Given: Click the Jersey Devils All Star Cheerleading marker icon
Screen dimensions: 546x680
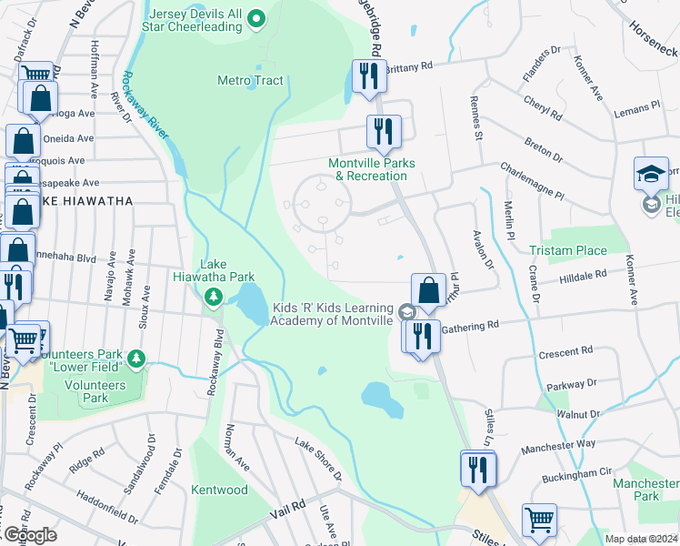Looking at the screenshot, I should pos(256,17).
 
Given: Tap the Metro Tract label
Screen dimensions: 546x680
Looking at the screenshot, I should pos(250,80).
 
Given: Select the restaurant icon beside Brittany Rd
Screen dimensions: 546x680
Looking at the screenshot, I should pos(369,76).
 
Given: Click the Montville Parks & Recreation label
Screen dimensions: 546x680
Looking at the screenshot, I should pos(371,169).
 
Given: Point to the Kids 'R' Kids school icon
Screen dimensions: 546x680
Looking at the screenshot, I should pos(407,313).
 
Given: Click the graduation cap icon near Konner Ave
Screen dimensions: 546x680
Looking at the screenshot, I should pos(651,174).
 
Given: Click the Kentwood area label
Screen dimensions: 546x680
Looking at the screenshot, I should pos(219,490).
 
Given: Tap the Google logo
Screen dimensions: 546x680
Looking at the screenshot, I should pos(30,534).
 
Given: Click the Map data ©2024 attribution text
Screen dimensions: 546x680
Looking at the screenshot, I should pos(641,539).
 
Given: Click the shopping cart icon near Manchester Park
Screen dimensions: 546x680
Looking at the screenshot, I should pos(539,521).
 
